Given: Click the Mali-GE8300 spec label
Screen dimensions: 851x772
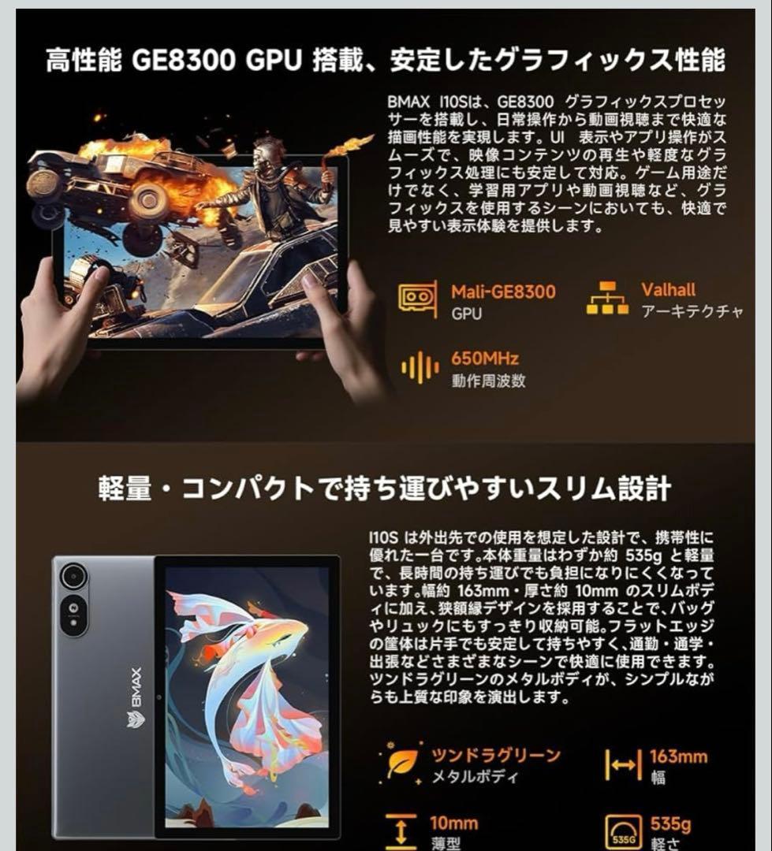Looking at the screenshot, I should click(502, 292).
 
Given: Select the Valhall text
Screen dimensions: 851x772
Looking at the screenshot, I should click(668, 290).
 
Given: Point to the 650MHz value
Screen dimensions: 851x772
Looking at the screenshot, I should click(485, 359).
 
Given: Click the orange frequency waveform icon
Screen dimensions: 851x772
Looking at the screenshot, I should click(419, 368).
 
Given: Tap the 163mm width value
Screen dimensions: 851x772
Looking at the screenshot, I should click(678, 757).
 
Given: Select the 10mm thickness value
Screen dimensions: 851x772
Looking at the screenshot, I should click(453, 823).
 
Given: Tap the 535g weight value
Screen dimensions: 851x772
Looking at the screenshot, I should click(670, 825).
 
